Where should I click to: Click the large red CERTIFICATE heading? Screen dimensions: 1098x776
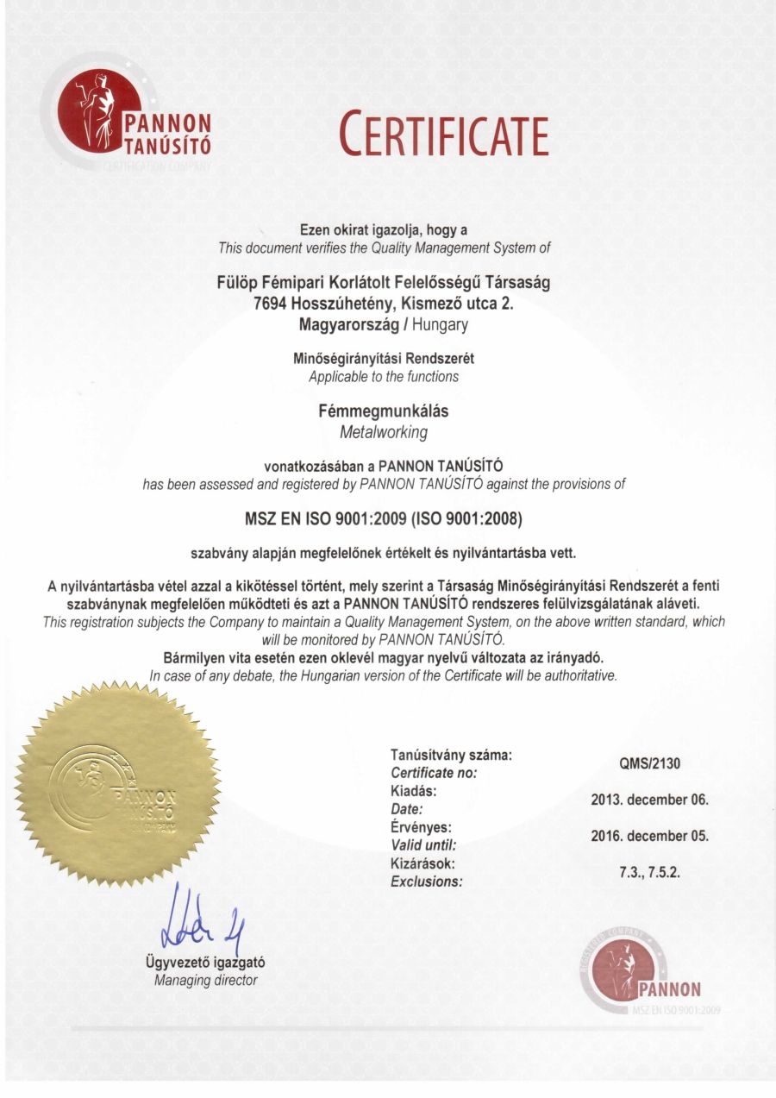tap(443, 135)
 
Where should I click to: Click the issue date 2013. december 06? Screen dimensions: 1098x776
tap(649, 800)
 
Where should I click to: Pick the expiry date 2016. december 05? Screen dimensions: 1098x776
tap(649, 837)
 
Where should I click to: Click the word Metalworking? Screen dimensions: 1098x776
tap(384, 431)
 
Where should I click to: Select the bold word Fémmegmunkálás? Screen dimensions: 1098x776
tap(384, 411)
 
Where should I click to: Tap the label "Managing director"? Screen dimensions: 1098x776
tap(205, 980)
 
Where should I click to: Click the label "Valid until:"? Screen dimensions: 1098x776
tap(423, 845)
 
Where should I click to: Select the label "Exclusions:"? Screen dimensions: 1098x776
tap(427, 882)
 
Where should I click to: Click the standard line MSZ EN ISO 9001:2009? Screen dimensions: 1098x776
tap(326, 520)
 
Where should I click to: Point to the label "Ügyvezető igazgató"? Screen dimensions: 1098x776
tap(205, 963)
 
